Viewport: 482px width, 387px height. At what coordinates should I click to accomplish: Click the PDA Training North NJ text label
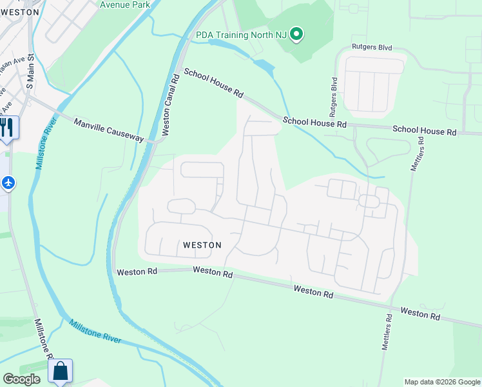[241, 34]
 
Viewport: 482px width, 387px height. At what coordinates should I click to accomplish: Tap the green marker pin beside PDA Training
[296, 34]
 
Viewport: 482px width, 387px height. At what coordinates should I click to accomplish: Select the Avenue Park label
[125, 5]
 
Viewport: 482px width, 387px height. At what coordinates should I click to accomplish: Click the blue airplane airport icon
[8, 183]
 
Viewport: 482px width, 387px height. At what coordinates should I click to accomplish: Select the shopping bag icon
[60, 372]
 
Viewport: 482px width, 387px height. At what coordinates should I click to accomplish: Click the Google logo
[22, 379]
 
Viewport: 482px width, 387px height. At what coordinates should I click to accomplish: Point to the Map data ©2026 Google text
[442, 382]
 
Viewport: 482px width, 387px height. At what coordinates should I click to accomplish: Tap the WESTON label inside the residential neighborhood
[202, 245]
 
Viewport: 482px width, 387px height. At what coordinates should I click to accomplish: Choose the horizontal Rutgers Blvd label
[372, 48]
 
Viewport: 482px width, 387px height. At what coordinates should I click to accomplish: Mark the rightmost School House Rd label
[424, 131]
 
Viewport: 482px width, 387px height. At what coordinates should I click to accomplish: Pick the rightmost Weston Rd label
[419, 313]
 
